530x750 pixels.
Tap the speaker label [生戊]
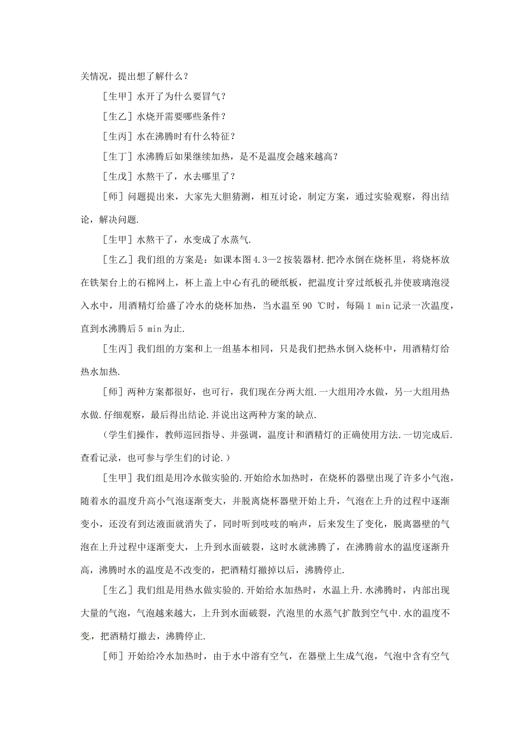point(118,177)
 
